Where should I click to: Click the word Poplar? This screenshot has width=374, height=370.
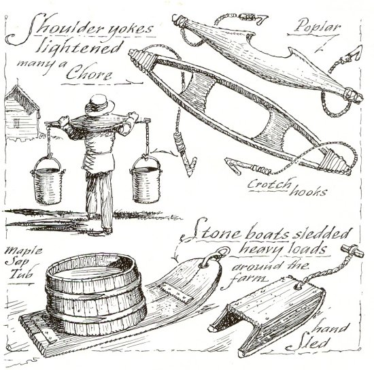tap(317, 27)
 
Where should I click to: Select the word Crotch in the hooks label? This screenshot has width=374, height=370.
tap(269, 184)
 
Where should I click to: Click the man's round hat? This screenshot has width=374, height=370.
tap(100, 105)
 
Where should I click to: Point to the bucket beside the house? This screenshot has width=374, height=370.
tap(48, 180)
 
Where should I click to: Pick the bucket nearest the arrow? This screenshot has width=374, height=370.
tap(146, 180)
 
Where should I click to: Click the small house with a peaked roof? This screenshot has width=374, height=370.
tap(22, 114)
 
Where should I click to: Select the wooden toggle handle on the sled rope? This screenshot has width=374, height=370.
tap(352, 250)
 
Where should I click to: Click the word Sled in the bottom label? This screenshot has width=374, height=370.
tap(308, 343)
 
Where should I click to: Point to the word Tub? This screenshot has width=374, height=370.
tap(21, 273)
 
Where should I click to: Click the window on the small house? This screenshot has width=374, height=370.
tap(16, 123)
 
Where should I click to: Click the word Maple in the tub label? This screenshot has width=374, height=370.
tap(23, 251)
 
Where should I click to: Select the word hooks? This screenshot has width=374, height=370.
tap(308, 191)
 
